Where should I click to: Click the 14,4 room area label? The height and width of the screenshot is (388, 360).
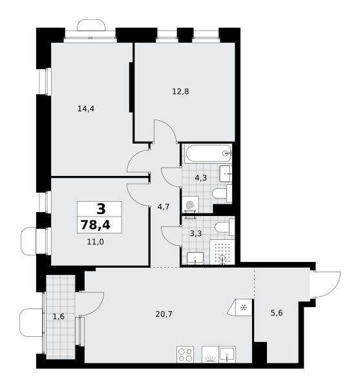click(86, 109)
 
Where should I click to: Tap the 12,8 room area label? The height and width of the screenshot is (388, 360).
click(180, 92)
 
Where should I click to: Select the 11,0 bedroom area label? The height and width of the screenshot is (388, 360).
click(96, 242)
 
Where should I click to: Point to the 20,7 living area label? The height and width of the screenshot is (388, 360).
click(164, 314)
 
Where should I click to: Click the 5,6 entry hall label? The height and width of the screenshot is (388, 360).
click(277, 313)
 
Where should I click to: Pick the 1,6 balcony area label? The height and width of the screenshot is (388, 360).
click(59, 316)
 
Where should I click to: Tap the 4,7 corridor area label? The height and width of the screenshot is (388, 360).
click(164, 207)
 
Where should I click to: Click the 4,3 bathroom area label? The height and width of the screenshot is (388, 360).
click(201, 178)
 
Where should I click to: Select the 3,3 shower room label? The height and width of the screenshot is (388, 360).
click(196, 233)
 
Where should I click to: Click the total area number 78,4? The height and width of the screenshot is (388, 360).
click(96, 225)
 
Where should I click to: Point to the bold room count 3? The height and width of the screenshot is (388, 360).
click(101, 209)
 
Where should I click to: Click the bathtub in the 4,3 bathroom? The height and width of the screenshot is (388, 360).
click(208, 154)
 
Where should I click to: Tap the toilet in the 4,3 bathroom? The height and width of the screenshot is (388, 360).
click(222, 193)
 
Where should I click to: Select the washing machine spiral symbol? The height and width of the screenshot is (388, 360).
click(190, 205)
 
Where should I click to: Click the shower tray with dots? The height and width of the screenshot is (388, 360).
click(222, 252)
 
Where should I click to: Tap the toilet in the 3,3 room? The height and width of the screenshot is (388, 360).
click(224, 227)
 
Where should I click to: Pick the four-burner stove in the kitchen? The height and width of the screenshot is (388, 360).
click(185, 354)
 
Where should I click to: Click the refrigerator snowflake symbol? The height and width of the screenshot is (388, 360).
click(244, 308)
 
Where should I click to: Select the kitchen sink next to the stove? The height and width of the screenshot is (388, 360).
click(227, 354)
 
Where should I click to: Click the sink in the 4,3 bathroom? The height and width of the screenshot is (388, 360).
click(226, 174)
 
